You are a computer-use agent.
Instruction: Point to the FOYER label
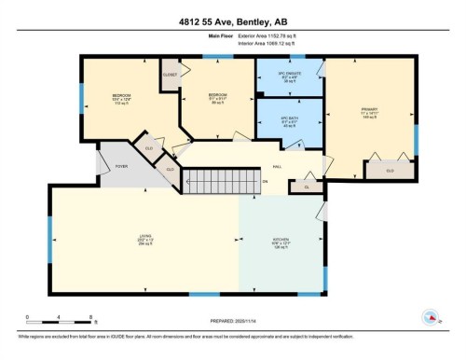pos(121,166)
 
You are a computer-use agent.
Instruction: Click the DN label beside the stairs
pos(265,181)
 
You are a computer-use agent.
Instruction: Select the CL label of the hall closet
pos(307,187)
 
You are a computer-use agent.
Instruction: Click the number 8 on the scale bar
pos(89,317)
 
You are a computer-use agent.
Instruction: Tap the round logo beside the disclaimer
pos(431,316)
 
